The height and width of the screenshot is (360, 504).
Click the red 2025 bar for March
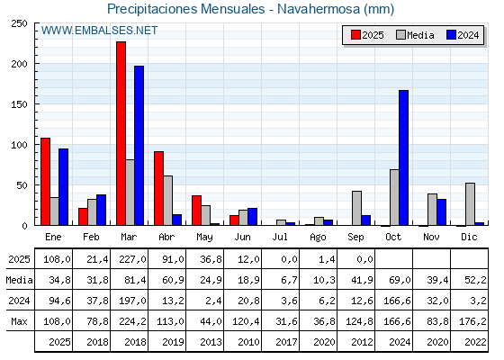tap(121, 133)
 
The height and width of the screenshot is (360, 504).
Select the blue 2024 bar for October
tap(404, 157)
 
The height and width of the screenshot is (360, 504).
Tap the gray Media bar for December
tap(470, 204)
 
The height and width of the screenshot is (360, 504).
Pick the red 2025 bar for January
tap(46, 182)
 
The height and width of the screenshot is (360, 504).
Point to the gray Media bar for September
tap(356, 208)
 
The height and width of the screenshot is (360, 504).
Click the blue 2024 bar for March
tap(139, 146)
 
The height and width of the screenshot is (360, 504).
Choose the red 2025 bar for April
tap(158, 188)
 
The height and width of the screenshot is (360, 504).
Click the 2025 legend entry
tap(367, 35)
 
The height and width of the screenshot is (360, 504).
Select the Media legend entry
tap(415, 35)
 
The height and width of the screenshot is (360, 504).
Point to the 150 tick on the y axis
tap(35, 103)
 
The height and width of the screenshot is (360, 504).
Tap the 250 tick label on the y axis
tap(19, 23)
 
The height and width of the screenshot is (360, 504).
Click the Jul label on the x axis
tap(280, 237)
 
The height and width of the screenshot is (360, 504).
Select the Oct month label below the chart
tap(393, 237)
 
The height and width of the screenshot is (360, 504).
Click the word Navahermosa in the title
tap(319, 9)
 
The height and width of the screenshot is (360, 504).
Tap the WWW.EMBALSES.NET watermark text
tap(99, 31)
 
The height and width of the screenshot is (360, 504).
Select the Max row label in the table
tap(19, 321)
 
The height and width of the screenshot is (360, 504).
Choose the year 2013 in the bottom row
tap(211, 342)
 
